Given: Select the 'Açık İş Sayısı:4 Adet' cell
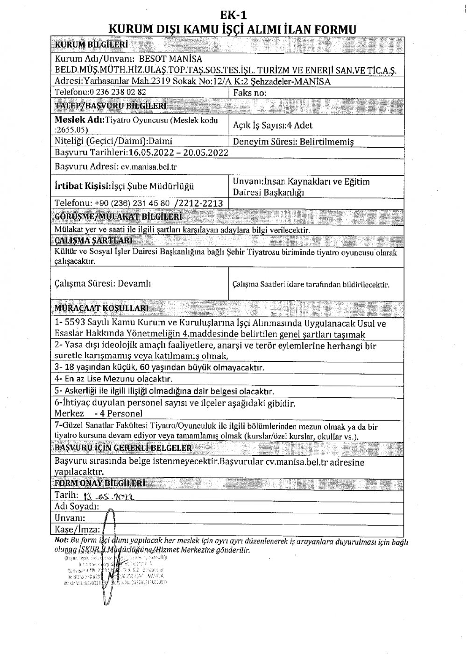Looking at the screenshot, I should pyautogui.click(x=272, y=125).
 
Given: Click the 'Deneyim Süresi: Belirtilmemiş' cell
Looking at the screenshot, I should pyautogui.click(x=293, y=142).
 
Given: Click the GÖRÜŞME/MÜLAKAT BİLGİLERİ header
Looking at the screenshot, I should pyautogui.click(x=118, y=217).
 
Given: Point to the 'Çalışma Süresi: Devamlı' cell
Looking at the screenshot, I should pyautogui.click(x=103, y=284).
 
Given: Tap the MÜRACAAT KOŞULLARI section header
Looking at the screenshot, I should pyautogui.click(x=102, y=309).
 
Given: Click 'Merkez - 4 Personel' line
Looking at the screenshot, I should pyautogui.click(x=99, y=413).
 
